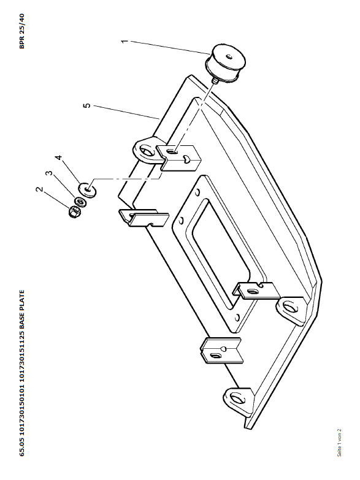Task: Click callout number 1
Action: click(x=124, y=40)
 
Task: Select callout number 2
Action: click(x=39, y=189)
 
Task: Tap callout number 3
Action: click(x=48, y=173)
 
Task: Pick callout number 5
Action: click(x=87, y=105)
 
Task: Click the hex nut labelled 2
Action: click(x=74, y=212)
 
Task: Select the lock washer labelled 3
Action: click(x=80, y=202)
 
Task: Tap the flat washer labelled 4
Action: click(x=88, y=191)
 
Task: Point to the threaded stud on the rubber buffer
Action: click(x=215, y=81)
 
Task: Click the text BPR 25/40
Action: click(x=21, y=31)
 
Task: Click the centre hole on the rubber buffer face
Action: click(x=229, y=56)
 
